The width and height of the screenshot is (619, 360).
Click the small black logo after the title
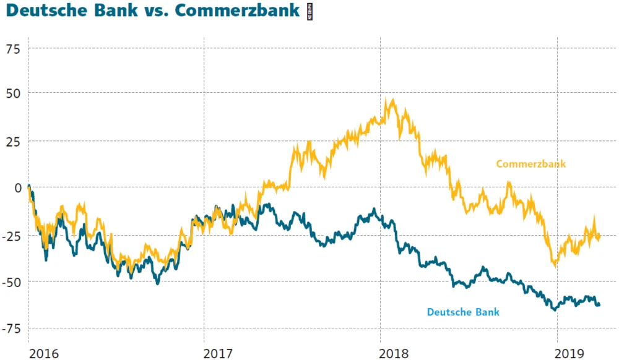click(x=310, y=12)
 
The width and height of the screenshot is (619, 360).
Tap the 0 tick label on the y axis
click(x=18, y=188)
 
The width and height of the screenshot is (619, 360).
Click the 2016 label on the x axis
click(x=45, y=353)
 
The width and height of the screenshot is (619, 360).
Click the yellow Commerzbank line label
click(x=531, y=164)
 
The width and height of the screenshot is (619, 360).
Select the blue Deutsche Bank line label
click(x=463, y=312)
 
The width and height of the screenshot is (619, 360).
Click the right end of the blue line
click(x=599, y=304)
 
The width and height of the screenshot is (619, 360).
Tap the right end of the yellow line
click(x=599, y=235)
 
